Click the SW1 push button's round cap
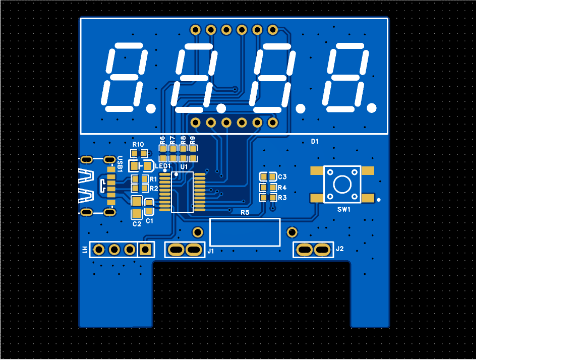point(342,185)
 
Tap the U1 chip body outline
point(182,192)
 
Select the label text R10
point(138,145)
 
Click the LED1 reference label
point(163,166)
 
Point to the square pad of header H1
point(146,249)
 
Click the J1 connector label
point(211,251)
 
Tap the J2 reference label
point(340,249)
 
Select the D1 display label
point(315,142)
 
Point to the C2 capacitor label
point(137,224)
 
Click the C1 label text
point(149,221)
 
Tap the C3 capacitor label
point(282,177)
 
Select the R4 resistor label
point(282,188)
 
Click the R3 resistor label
point(282,198)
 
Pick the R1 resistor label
point(153,179)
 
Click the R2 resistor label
point(153,188)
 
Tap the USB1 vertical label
point(120,164)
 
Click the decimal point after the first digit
point(150,108)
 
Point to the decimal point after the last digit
point(372,107)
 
